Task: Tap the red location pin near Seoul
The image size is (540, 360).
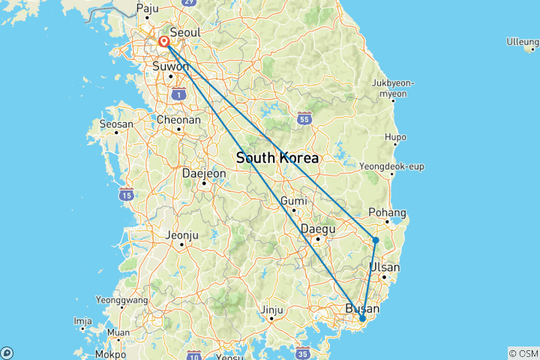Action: [163, 42]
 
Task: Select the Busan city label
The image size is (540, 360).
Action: [362, 308]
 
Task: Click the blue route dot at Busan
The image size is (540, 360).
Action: [362, 319]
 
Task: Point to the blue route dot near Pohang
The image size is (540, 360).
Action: [375, 240]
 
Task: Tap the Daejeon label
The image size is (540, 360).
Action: [204, 173]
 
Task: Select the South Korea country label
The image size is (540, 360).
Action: [277, 158]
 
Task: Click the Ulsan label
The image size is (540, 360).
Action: [384, 267]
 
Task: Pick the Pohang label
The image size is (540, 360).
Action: [388, 212]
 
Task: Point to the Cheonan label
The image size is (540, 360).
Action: [178, 119]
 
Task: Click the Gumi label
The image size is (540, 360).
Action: [293, 201]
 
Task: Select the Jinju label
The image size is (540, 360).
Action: [272, 309]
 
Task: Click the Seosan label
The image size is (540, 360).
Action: [117, 124]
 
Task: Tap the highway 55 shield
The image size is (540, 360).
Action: [304, 118]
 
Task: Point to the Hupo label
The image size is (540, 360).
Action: [394, 137]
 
